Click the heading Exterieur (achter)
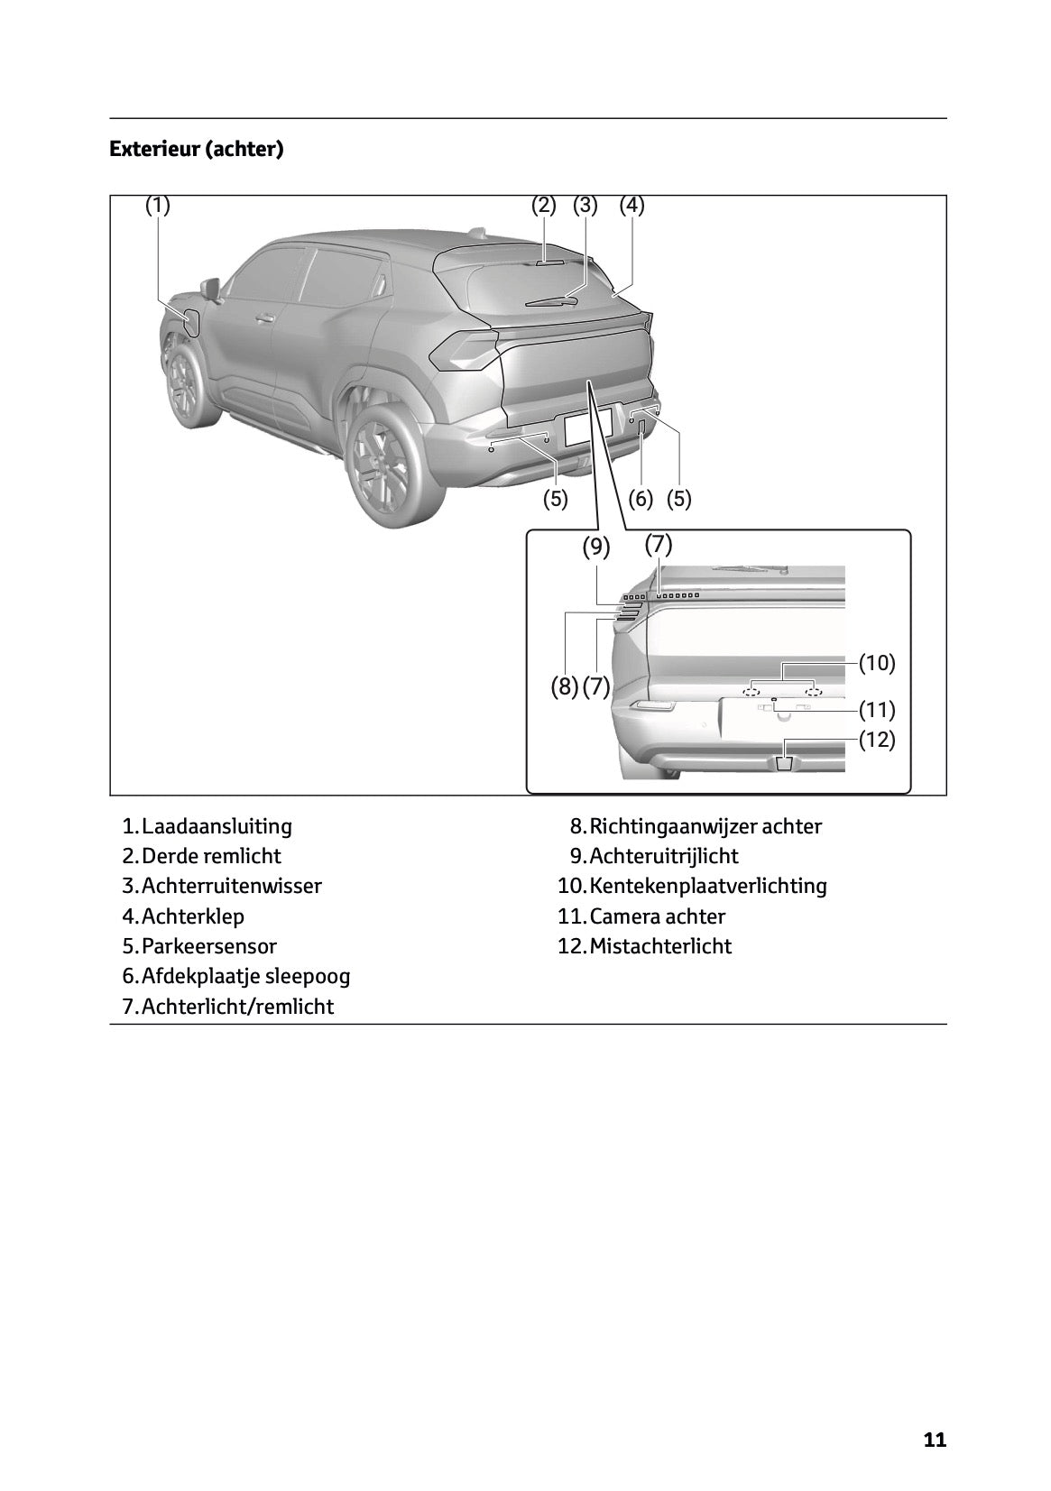point(196,149)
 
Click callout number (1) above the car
point(158,206)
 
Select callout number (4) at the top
point(632,206)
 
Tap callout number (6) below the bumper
point(640,499)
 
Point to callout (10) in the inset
point(876,664)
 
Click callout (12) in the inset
point(876,741)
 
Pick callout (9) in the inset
point(595,548)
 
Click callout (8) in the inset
point(565,687)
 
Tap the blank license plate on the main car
point(587,426)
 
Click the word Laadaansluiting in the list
point(217,826)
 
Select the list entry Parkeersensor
point(208,946)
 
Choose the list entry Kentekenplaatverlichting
point(707,886)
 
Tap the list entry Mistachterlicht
point(659,946)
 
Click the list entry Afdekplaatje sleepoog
point(245,976)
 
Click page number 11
point(935,1440)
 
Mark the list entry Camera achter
point(657,916)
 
